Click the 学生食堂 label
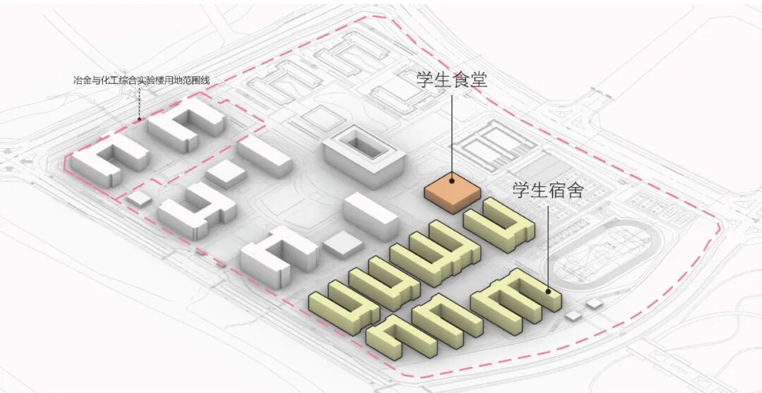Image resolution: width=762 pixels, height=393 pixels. click(451, 78)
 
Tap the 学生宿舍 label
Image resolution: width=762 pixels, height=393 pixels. click(548, 190)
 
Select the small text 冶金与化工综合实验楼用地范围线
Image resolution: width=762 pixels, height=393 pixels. click(142, 80)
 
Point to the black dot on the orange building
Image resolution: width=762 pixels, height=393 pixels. click(452, 181)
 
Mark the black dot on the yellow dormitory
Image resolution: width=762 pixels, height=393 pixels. click(548, 290)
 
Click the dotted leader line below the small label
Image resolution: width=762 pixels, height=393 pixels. click(139, 102)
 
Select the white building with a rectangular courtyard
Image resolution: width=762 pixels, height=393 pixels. click(363, 155)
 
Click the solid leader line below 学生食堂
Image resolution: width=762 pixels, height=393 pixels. click(452, 134)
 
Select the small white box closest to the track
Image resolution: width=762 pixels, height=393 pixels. click(595, 303)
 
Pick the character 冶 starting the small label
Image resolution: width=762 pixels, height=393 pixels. click(77, 80)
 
